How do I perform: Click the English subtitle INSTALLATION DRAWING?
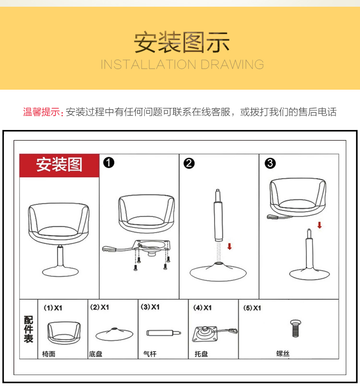point(182,64)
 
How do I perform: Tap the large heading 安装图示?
point(182,42)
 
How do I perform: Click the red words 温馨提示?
point(41,112)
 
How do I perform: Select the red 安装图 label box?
point(60,165)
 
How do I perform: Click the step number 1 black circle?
point(108,163)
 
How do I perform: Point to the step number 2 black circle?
point(189,164)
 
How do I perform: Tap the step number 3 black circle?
point(270,164)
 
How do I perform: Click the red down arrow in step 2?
point(229,246)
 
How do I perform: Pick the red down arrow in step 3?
point(320,225)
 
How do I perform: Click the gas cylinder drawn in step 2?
point(218,215)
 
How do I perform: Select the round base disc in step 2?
point(218,272)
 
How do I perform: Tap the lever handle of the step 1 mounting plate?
point(109,248)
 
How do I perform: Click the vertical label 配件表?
point(28,329)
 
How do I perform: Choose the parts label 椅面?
point(49,354)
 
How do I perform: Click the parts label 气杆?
point(150,354)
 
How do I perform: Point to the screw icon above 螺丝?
point(295,329)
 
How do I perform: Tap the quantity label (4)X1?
point(203,307)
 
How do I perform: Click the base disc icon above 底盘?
point(114,334)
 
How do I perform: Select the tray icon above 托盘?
point(215,334)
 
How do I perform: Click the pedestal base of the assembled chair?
point(60,272)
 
